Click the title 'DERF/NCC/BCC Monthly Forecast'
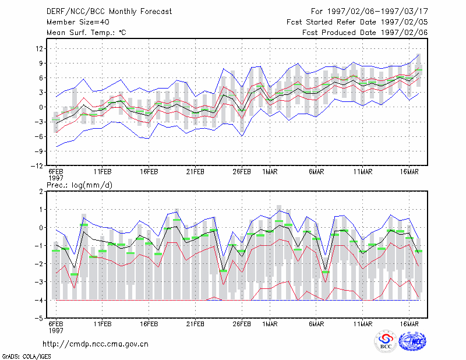point(109,12)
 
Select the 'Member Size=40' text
point(78,22)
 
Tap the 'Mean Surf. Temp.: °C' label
point(86,33)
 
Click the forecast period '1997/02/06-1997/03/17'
point(377,12)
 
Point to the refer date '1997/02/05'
point(404,22)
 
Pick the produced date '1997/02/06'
point(404,33)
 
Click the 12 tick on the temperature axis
point(39,48)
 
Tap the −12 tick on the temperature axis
point(37,166)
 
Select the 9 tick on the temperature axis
point(41,63)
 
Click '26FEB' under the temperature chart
point(242,172)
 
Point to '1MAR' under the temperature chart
point(270,172)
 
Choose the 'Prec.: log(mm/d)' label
point(79,185)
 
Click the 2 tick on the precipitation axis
point(41,192)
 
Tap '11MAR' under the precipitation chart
point(363,324)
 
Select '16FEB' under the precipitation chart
point(149,324)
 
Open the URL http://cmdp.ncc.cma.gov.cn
point(96,344)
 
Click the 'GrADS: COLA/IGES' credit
point(27,357)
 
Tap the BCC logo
point(386,341)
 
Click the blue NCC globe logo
point(412,341)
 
